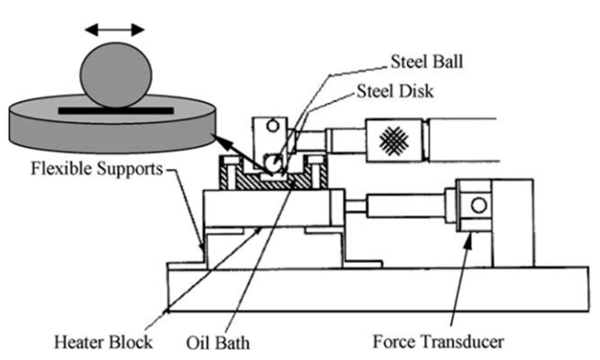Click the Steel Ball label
coord(427,62)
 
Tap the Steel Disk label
coord(395,91)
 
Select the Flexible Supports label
coord(97,169)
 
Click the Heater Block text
coord(103,342)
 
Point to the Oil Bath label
coord(218,343)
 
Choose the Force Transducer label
coord(438,342)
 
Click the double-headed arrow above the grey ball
coord(115,30)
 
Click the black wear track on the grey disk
coord(116,111)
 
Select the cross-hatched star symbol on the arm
coord(394,140)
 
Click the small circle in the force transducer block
coord(479,205)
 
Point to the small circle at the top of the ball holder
coord(272,126)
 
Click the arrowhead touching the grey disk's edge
coord(216,138)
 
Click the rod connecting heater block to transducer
coord(405,206)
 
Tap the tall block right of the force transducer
coord(512,223)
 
